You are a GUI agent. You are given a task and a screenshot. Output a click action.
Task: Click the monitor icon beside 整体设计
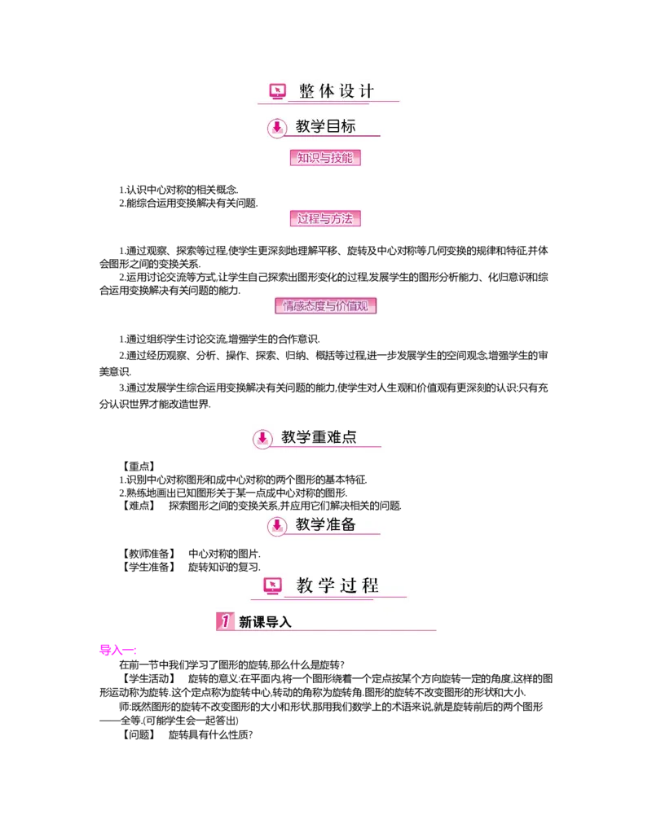278,91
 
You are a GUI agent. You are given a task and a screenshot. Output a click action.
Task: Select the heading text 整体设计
336,91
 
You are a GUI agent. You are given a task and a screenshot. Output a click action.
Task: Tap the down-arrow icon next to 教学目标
277,127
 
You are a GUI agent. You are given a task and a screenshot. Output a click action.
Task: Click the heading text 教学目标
325,126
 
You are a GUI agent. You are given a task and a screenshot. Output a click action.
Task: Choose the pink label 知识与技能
325,158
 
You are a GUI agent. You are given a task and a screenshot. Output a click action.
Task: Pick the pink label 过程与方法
325,218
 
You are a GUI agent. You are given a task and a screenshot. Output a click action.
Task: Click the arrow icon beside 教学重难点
262,438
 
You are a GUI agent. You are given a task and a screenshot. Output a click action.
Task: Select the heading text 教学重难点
319,437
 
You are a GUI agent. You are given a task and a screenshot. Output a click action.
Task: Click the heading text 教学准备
325,524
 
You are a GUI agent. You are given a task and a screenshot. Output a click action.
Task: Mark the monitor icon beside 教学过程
273,585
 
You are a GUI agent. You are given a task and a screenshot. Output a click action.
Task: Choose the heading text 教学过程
337,585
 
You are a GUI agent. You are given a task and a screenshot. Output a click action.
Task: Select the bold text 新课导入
265,622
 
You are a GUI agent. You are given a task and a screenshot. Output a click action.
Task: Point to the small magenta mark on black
117,650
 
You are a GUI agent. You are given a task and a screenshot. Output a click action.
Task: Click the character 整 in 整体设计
307,91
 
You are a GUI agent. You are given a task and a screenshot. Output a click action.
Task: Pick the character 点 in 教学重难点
349,437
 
